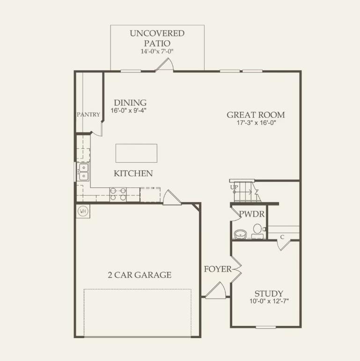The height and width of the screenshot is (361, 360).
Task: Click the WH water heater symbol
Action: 83,211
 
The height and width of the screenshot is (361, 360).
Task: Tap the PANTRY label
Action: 88,115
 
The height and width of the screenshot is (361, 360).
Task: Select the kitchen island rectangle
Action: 136,153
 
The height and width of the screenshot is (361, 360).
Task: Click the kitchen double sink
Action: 83,172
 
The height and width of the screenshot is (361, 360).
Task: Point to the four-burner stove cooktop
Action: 118,194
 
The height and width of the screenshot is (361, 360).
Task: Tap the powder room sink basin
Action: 241,234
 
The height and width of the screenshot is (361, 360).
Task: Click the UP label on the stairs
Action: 234,187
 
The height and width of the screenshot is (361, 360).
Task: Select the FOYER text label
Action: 217,269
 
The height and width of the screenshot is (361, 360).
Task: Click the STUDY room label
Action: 269,294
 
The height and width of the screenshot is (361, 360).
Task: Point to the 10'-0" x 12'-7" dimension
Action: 269,302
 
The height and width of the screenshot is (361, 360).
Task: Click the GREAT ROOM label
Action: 256,115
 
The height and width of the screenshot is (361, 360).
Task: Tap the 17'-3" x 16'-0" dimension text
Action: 256,123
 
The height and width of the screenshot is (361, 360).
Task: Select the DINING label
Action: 130,103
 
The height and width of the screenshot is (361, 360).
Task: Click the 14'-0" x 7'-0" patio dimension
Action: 157,51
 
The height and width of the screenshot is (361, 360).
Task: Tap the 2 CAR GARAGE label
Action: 140,275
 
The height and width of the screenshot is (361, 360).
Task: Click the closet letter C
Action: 282,237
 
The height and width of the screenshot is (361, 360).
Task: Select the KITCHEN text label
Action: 133,173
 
